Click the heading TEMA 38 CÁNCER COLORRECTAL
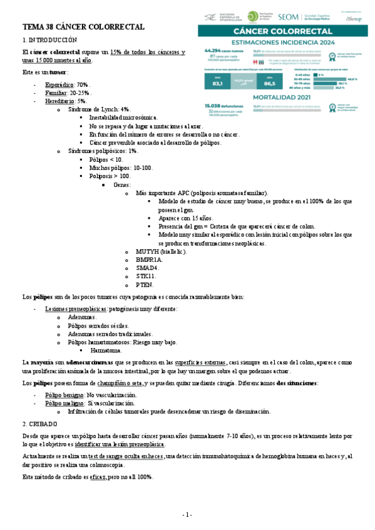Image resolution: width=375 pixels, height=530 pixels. (83, 27)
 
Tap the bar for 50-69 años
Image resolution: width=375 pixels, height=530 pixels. (326, 79)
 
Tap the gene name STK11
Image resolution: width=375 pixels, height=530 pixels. (146, 276)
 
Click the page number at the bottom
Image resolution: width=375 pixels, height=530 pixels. (187, 514)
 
